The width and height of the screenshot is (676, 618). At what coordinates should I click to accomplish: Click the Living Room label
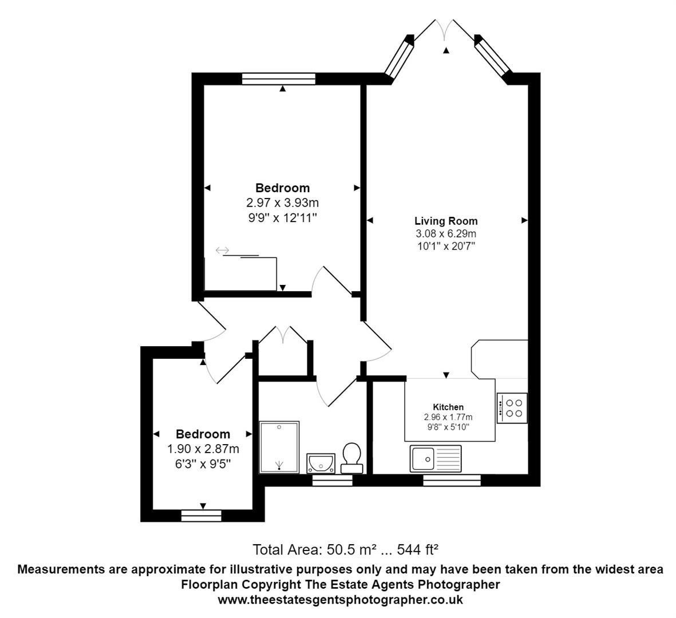pos(446,221)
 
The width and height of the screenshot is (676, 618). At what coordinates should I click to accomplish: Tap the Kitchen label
pos(448,407)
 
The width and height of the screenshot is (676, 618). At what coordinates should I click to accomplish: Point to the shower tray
pos(279,447)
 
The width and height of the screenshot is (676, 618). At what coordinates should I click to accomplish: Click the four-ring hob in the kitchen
pos(512,408)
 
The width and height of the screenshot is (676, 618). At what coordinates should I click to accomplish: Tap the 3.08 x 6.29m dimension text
pos(446,233)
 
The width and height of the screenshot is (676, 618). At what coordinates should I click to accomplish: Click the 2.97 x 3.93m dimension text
pos(282,203)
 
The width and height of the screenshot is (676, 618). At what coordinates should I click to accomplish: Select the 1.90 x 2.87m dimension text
pos(203,449)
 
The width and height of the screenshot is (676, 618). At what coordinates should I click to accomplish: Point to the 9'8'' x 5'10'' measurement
pos(448,427)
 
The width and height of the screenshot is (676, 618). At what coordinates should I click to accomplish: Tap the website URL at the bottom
pos(340,600)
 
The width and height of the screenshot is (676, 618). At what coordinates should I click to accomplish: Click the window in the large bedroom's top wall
pos(279,79)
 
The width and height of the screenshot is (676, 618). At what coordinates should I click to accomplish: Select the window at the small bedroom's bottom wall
pos(201,516)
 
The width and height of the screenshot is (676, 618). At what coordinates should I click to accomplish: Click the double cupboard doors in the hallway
pos(283,335)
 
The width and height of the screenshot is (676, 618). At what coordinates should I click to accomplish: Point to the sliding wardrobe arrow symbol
pos(222,250)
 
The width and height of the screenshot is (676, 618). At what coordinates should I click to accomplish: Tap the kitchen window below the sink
pos(452,481)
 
